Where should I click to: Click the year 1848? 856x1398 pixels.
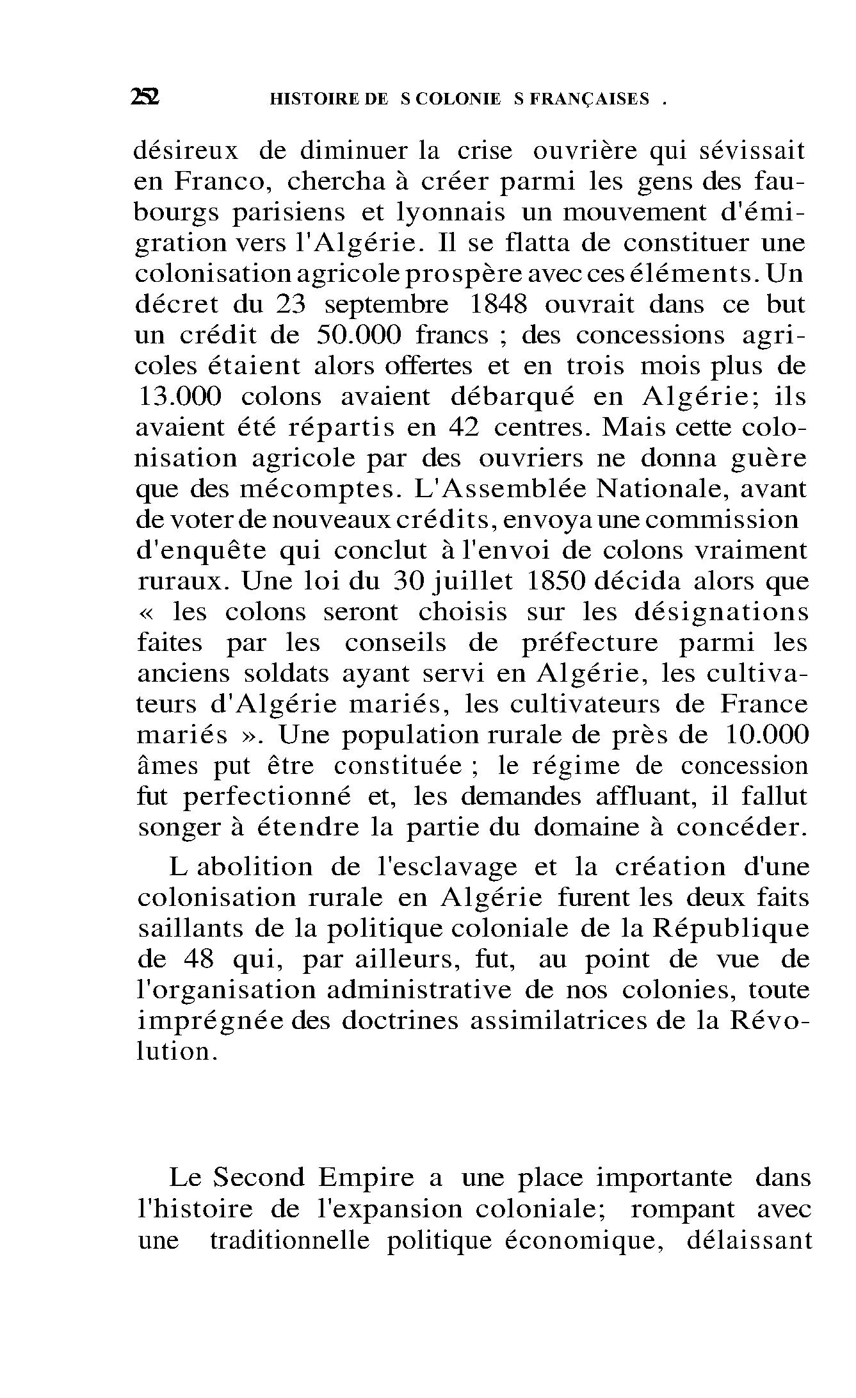(498, 304)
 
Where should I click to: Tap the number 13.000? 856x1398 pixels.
(180, 397)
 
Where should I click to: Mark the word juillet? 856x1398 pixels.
(474, 582)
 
